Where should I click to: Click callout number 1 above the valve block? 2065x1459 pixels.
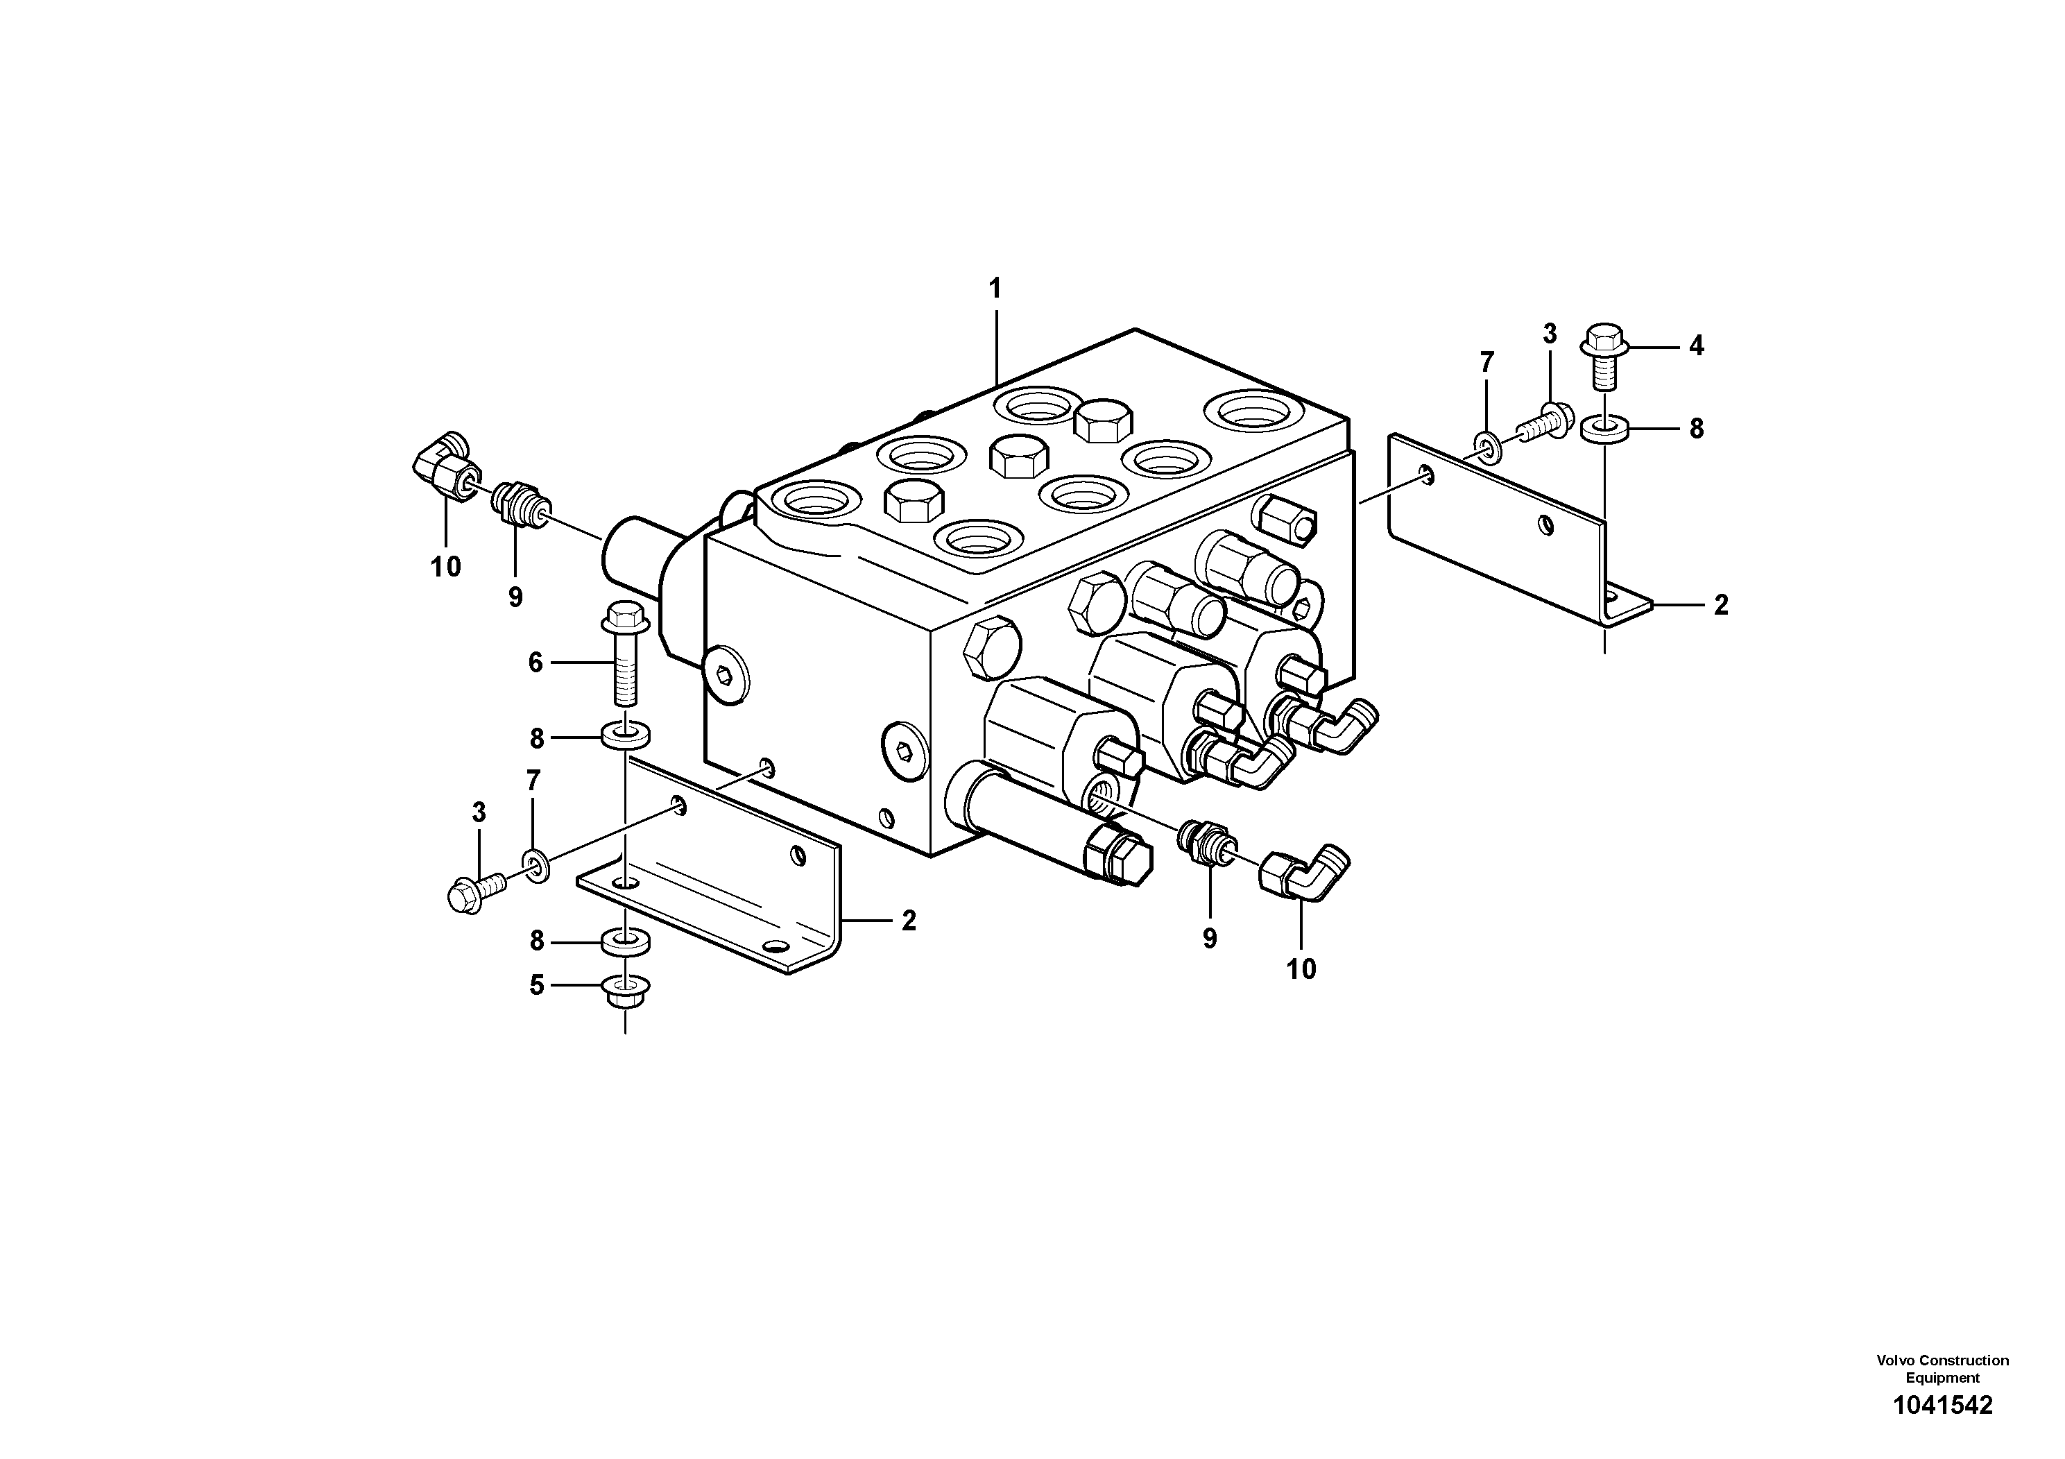tap(995, 289)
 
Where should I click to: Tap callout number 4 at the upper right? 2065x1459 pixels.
tap(1695, 345)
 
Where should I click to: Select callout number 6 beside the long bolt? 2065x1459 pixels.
tap(536, 663)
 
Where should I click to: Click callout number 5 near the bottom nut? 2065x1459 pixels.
tap(537, 986)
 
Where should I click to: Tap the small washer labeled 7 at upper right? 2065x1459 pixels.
tap(1486, 442)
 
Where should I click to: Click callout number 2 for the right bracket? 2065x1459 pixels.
tap(1720, 606)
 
